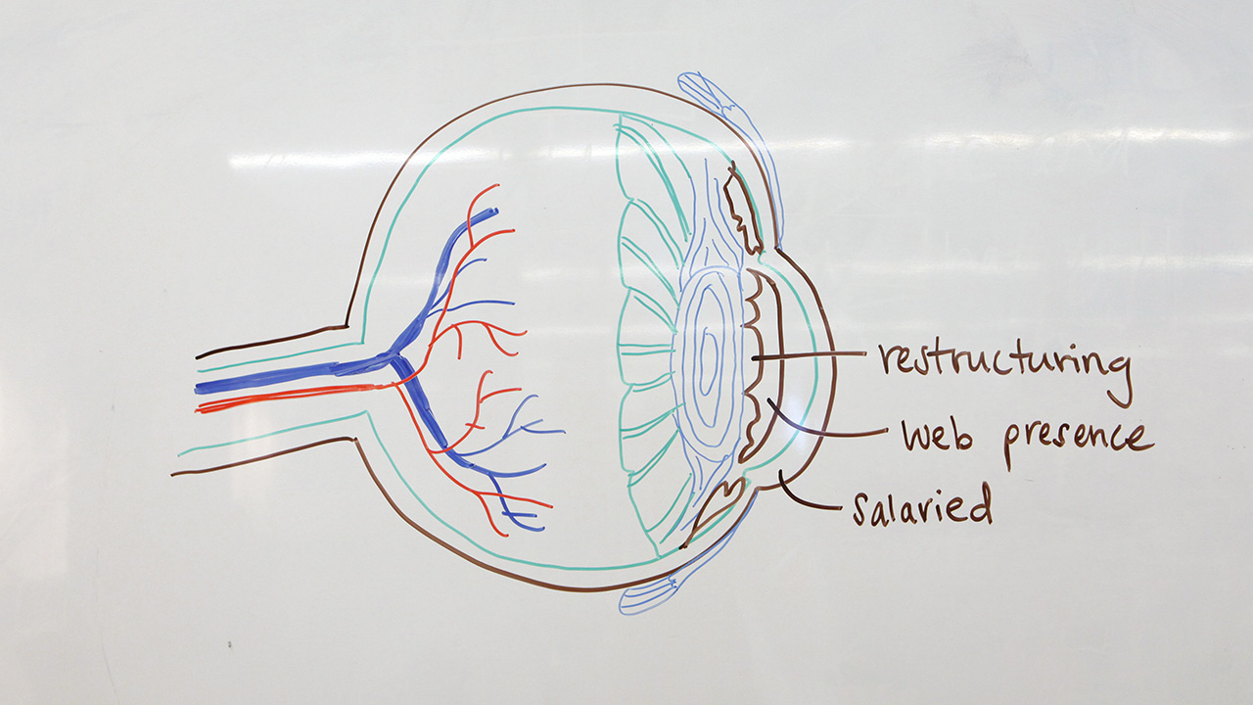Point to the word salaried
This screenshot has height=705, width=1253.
pyautogui.click(x=921, y=506)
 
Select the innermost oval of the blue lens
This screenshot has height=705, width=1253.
pyautogui.click(x=707, y=352)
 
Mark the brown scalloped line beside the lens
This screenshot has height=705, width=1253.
pyautogui.click(x=757, y=362)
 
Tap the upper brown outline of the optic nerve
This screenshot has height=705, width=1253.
pyautogui.click(x=274, y=341)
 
